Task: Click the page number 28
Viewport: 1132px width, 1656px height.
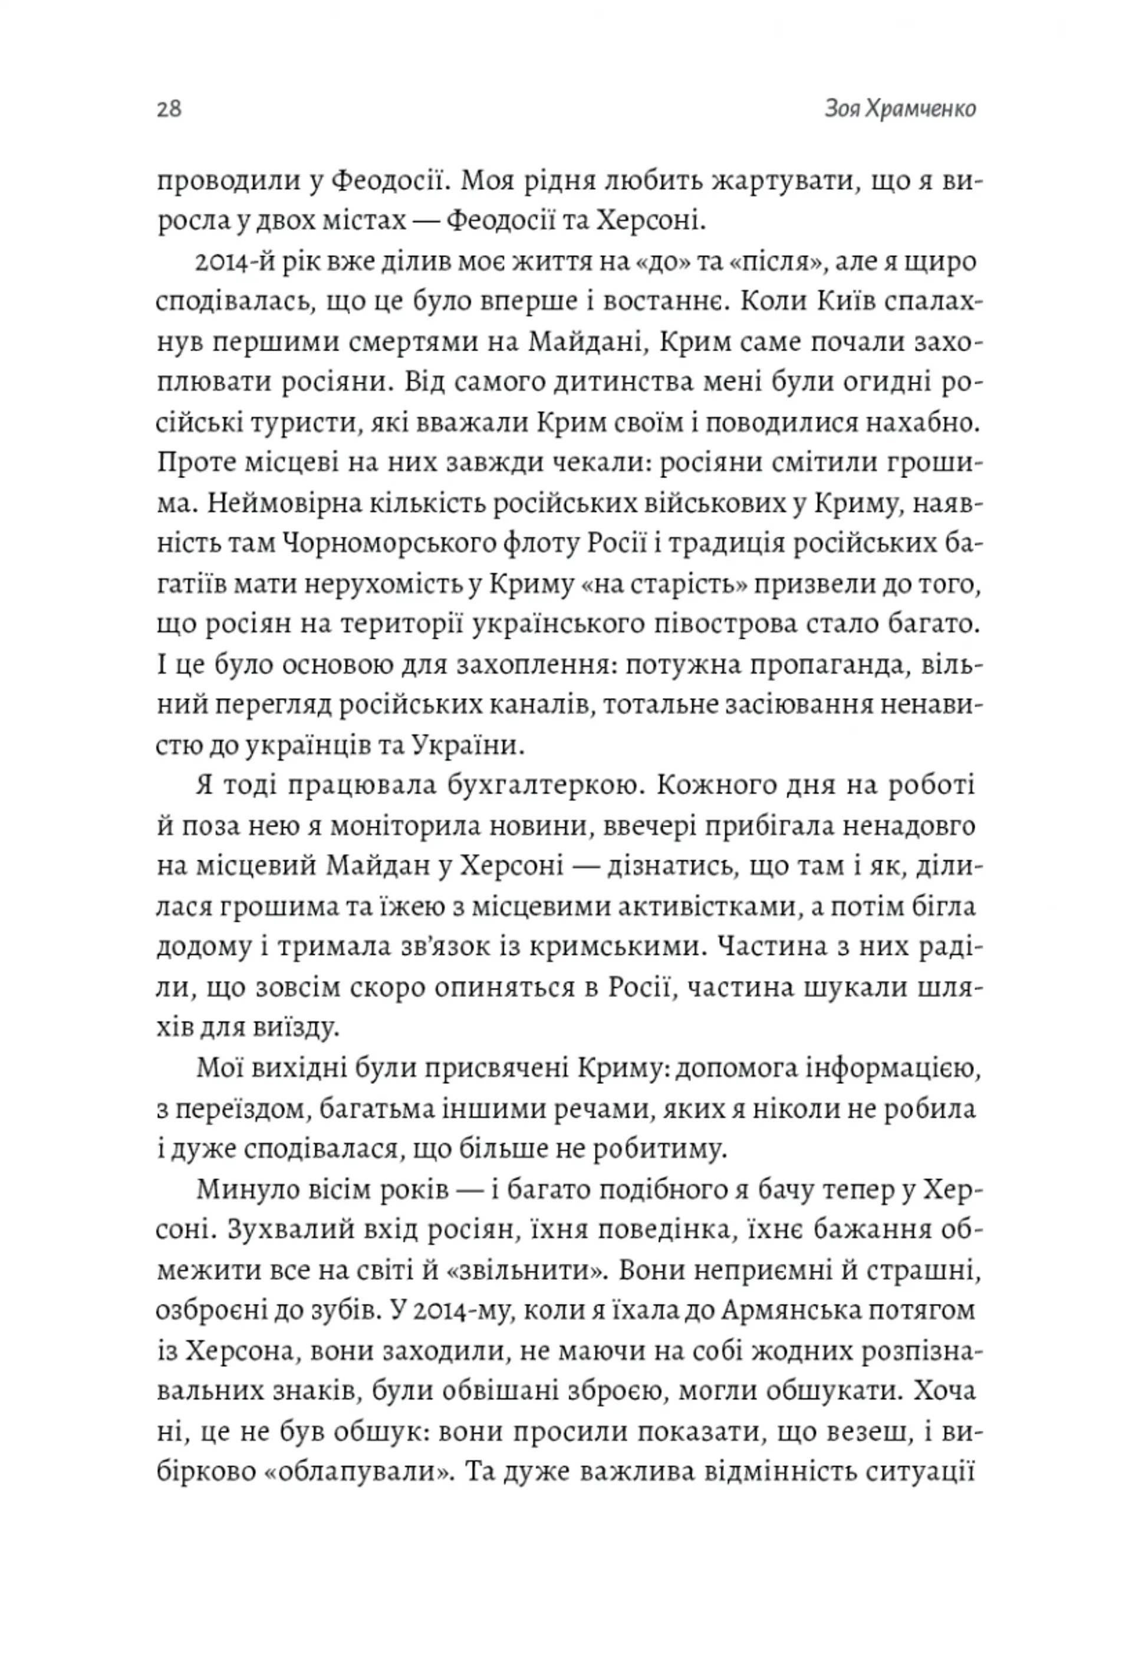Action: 169,109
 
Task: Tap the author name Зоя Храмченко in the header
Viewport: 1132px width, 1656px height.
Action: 900,109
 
